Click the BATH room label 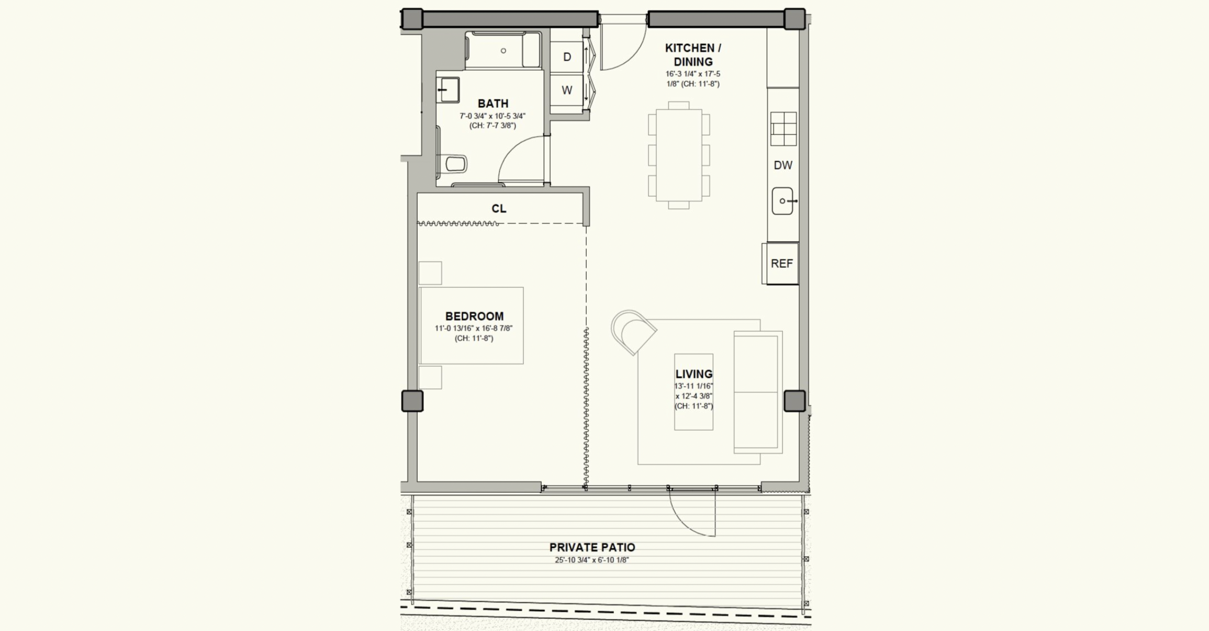point(492,104)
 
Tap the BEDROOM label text point(474,316)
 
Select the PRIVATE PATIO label point(592,547)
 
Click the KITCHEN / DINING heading point(693,55)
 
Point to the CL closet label point(499,209)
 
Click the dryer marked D point(567,57)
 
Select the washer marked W point(567,91)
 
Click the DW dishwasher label point(783,165)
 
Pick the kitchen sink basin point(782,201)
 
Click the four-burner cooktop point(783,129)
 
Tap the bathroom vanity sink point(448,90)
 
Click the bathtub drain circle point(503,51)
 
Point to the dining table point(679,155)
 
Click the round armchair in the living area point(633,332)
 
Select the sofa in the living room point(758,392)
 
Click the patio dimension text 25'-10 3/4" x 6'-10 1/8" point(592,560)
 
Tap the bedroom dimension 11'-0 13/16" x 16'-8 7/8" point(474,329)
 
